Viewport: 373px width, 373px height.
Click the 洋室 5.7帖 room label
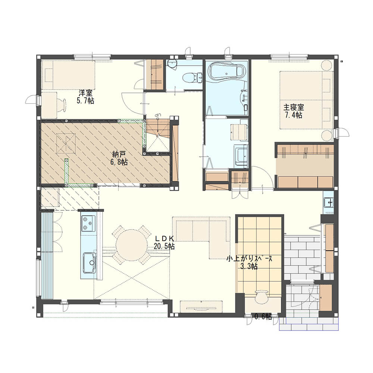tap(85, 97)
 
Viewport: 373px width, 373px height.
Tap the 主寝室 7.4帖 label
tap(294, 111)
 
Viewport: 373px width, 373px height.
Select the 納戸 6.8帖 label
tap(119, 159)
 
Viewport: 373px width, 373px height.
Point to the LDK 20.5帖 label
tap(164, 242)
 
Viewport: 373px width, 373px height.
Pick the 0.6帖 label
tap(263, 317)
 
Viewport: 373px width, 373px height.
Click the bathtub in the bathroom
tap(226, 70)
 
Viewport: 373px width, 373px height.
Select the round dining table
tap(131, 245)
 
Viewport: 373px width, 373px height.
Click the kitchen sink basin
tap(89, 263)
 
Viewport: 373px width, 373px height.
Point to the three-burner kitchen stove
tap(88, 223)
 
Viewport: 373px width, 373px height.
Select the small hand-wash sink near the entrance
tap(329, 203)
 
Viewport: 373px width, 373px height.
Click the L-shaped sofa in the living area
tap(201, 237)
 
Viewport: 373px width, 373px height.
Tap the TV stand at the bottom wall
tap(201, 306)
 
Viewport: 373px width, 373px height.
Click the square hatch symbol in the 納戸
tap(66, 144)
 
